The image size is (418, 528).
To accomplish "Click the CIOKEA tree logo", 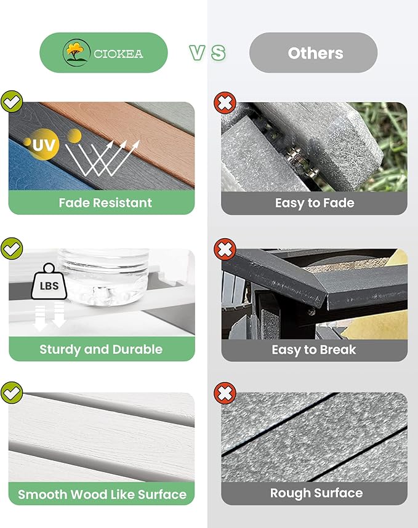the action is [x=76, y=52].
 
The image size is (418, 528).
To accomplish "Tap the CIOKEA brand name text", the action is [x=118, y=54].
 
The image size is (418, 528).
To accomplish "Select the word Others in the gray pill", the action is [x=316, y=53].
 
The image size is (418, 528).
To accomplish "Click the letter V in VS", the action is [x=197, y=53].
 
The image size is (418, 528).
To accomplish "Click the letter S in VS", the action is [x=219, y=53].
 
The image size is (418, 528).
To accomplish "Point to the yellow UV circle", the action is [x=44, y=144].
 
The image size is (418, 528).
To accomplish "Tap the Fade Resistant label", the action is [x=105, y=202].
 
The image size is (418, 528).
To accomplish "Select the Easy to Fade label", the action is [x=315, y=203].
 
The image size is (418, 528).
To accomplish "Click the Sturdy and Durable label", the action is [x=101, y=350].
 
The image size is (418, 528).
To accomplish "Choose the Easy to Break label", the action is [x=314, y=350].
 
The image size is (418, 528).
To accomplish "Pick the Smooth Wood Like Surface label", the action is [x=102, y=494].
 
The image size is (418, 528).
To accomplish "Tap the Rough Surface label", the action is [x=316, y=494].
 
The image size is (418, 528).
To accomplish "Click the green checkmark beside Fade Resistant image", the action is [x=12, y=102].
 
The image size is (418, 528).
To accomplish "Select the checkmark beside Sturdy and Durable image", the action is [x=12, y=249].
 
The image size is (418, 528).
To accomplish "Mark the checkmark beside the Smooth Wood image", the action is [x=12, y=393].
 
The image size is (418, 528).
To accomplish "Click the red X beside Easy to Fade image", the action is [x=225, y=103].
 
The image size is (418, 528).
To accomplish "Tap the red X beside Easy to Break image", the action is [x=225, y=249].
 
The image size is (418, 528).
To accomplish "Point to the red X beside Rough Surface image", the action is [x=225, y=393].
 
